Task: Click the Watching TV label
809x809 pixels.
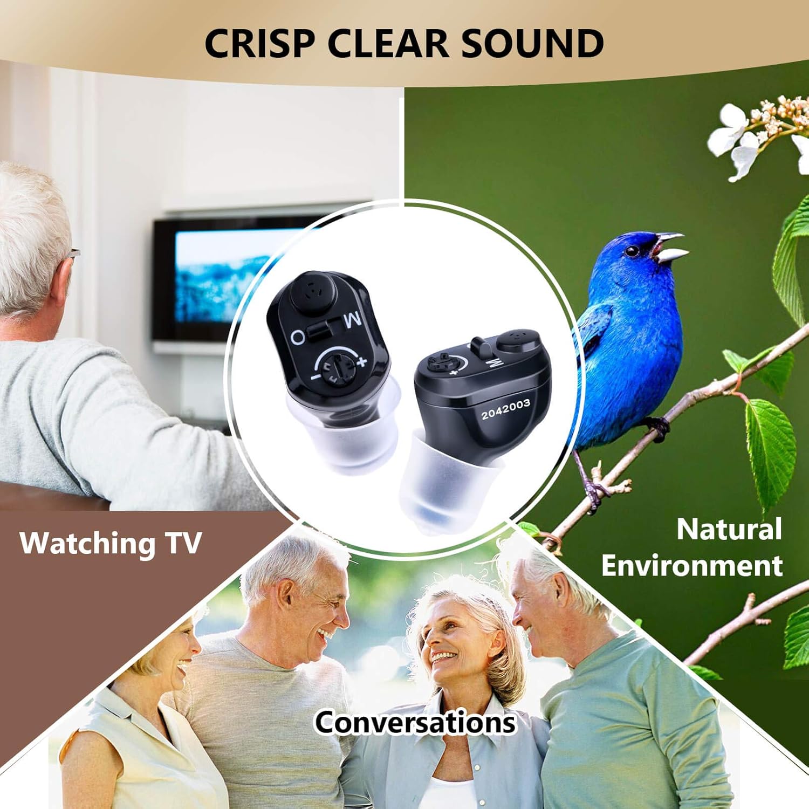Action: click(111, 543)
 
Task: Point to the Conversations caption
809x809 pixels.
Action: click(415, 722)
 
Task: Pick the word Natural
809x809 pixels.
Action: click(729, 529)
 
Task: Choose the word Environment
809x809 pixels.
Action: click(692, 566)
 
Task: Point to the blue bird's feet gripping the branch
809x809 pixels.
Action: click(657, 427)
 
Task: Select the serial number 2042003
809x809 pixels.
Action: click(505, 409)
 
